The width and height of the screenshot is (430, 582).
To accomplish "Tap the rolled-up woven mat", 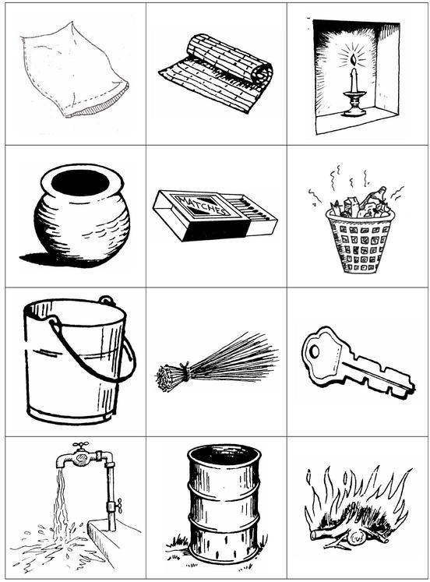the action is tap(217, 72).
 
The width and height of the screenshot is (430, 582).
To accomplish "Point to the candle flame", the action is tap(353, 60).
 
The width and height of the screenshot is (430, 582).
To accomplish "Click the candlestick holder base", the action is tap(354, 110).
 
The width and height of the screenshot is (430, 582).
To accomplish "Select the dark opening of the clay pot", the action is tap(80, 182).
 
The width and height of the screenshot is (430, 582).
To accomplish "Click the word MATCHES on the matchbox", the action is tap(203, 206).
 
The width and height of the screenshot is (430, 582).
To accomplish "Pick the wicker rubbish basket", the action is tap(359, 242).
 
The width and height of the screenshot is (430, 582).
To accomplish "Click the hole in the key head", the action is tap(314, 351).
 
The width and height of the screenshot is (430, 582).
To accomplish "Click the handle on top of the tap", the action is tap(80, 445).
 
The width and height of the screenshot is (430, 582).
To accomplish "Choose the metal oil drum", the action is tap(224, 503).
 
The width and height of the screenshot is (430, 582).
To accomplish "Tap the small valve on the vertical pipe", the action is tap(115, 506).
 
